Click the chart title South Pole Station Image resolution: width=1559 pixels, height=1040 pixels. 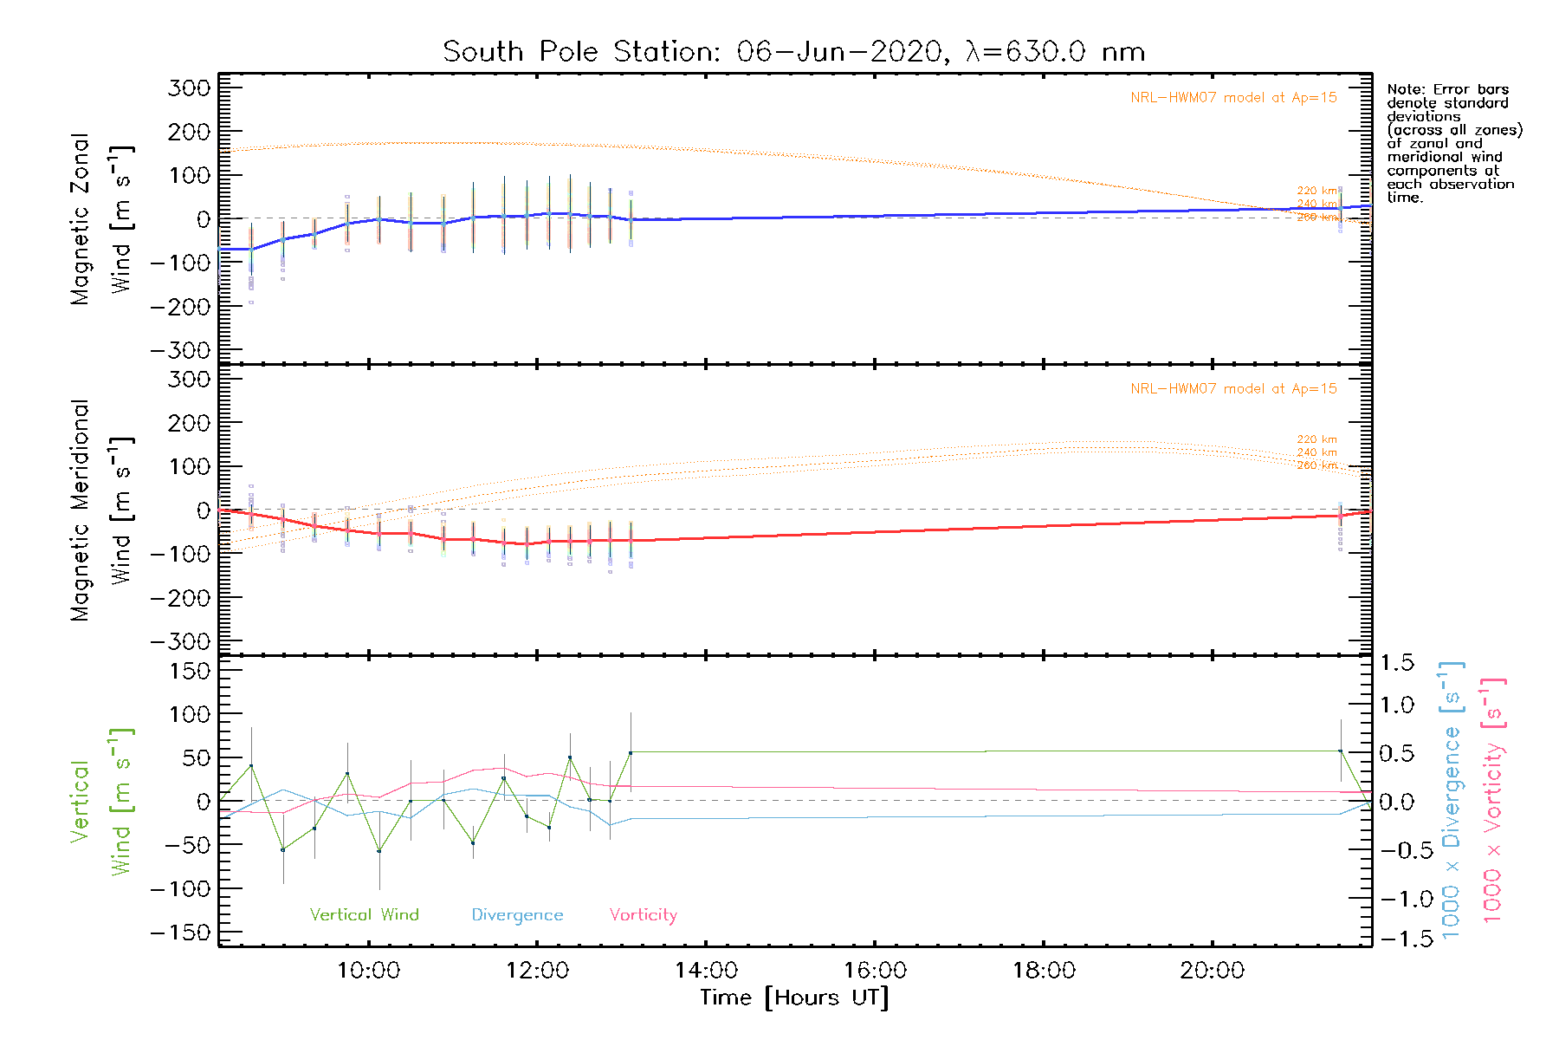(x=793, y=52)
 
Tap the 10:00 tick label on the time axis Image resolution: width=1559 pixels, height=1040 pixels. (x=369, y=971)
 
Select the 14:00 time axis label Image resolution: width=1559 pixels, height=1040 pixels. (x=707, y=971)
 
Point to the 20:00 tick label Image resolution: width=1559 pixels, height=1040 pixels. (x=1213, y=971)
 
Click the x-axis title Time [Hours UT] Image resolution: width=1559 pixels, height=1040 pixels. (x=794, y=998)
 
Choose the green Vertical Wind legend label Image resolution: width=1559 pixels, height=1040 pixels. (x=364, y=915)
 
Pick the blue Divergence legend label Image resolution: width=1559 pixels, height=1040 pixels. (x=517, y=915)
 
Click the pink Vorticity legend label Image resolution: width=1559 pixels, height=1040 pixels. (x=643, y=915)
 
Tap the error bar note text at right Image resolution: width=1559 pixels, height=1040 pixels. (x=1453, y=143)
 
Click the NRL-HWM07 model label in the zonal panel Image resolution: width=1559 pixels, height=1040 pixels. (x=1233, y=98)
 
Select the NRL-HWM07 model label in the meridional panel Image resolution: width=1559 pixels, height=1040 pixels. (x=1233, y=389)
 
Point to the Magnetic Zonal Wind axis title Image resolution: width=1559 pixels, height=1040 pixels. (x=101, y=219)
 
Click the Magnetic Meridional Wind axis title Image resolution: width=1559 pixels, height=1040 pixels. (x=101, y=510)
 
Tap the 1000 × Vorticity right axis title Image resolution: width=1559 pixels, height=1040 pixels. (x=1493, y=800)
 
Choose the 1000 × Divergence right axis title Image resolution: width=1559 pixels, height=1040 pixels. (x=1452, y=800)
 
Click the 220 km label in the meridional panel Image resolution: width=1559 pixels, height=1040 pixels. (x=1316, y=439)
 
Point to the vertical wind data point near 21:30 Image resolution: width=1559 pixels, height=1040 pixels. (x=1340, y=751)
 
